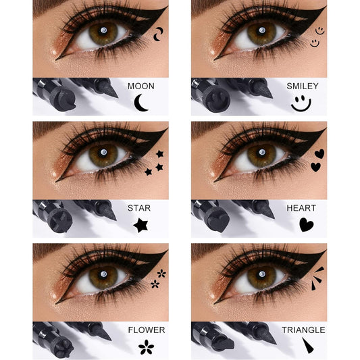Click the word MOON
pyautogui.click(x=140, y=86)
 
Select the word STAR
pyautogui.click(x=139, y=208)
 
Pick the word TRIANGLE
pyautogui.click(x=304, y=330)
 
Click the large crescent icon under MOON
pyautogui.click(x=141, y=103)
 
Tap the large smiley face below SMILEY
pyautogui.click(x=301, y=103)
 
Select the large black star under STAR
pyautogui.click(x=140, y=225)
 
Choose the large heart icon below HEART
pyautogui.click(x=306, y=224)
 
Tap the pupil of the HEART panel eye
pyautogui.click(x=261, y=153)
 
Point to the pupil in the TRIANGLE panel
pyautogui.click(x=261, y=275)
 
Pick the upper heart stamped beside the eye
pyautogui.click(x=319, y=153)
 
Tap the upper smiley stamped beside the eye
pyautogui.click(x=319, y=30)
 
